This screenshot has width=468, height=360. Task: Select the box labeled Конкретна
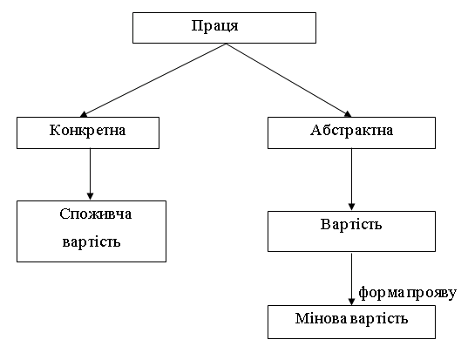89,132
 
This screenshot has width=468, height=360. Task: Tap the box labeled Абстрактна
351,132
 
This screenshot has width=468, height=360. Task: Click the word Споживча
92,214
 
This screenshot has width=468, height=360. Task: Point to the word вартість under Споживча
91,241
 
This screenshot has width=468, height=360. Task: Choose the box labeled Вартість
350,225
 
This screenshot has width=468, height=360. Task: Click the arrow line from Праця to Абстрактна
288,80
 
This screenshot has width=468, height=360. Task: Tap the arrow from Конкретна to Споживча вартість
90,173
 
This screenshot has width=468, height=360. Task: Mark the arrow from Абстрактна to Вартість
350,179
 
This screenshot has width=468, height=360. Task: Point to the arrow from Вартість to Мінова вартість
350,277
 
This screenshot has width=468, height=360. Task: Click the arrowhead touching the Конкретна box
85,113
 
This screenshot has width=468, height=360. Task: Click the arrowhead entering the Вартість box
350,206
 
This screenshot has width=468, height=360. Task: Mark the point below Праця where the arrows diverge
225,44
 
